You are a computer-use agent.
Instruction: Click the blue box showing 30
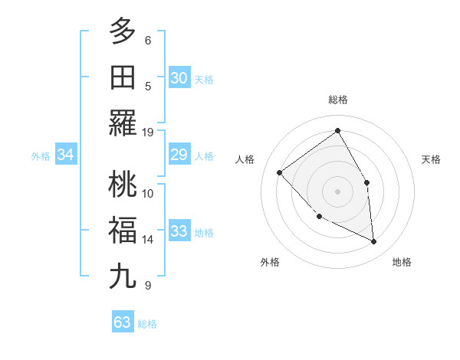tap(179, 77)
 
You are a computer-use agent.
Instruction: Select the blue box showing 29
tap(179, 155)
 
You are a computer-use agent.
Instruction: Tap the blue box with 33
tap(179, 232)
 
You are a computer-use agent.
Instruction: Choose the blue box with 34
tap(66, 155)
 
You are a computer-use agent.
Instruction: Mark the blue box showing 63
tap(123, 322)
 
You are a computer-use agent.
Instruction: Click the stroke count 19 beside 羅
tap(148, 132)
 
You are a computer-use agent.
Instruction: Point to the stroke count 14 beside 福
tap(148, 240)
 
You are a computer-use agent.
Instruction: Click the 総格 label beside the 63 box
tap(147, 324)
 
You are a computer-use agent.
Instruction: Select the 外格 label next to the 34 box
tap(41, 156)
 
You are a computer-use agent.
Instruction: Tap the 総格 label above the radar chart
tap(337, 100)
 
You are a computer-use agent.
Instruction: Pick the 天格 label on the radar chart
tap(432, 159)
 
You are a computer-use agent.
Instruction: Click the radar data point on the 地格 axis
tap(374, 242)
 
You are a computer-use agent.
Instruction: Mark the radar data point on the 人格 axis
tap(280, 172)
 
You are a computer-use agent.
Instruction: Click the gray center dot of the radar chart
tap(337, 191)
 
